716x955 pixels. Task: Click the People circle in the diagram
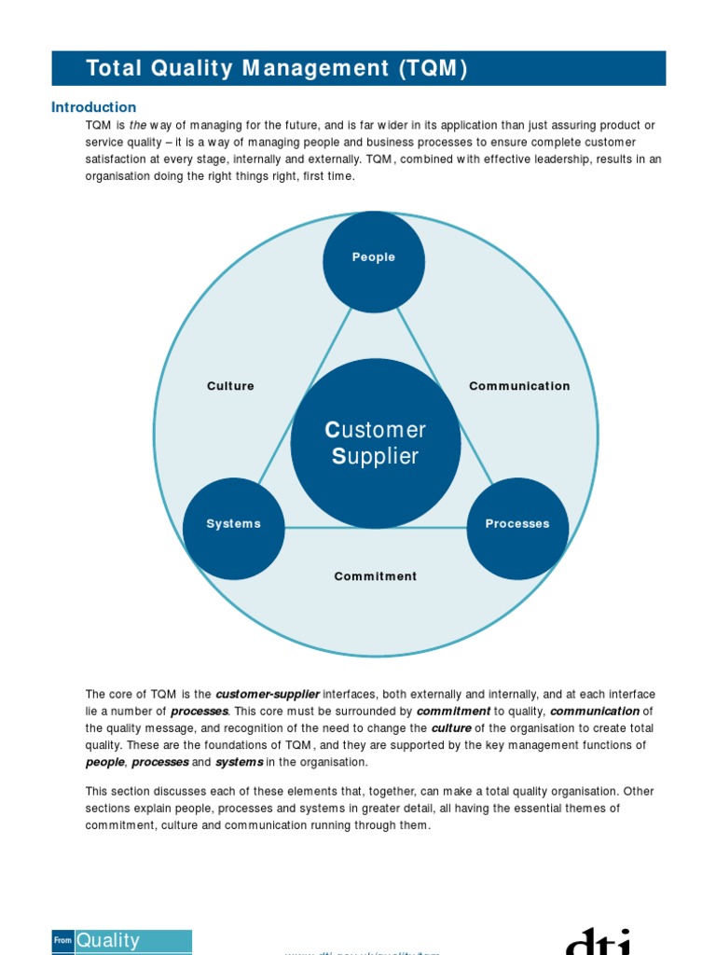(373, 262)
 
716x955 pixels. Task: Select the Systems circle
(233, 529)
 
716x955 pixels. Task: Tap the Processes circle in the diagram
(517, 529)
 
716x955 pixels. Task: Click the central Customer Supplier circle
(375, 443)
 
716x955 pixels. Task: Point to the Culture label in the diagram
(230, 386)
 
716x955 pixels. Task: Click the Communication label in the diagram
(519, 386)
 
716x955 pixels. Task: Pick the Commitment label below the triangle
(376, 576)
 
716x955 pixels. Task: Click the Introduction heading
(93, 107)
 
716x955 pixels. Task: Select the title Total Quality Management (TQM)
(276, 69)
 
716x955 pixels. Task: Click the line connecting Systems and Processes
(376, 528)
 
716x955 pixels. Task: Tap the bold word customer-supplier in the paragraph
(268, 695)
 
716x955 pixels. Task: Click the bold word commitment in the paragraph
(453, 712)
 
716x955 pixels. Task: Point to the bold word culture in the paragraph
(451, 728)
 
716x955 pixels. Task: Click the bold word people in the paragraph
(104, 762)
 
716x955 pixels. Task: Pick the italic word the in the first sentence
(138, 126)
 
